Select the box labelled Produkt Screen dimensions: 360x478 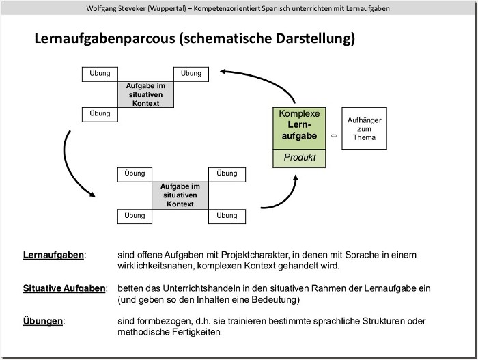[299, 158]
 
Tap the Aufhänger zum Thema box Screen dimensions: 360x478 [364, 128]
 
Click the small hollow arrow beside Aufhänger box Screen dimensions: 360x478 [333, 136]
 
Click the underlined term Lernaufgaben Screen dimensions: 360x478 [54, 255]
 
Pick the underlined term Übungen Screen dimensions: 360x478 [43, 321]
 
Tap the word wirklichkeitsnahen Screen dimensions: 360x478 [154, 266]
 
